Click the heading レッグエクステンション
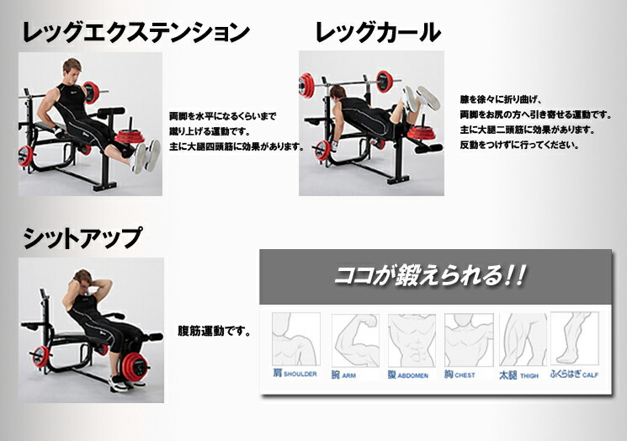[135, 33]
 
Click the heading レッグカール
[377, 33]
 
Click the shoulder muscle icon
[295, 338]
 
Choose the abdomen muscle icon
[412, 339]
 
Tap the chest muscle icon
[468, 339]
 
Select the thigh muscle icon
[523, 339]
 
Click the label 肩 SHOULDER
[294, 374]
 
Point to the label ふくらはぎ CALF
[575, 374]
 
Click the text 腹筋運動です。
[215, 331]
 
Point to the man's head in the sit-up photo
[83, 280]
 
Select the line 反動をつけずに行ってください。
[518, 145]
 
